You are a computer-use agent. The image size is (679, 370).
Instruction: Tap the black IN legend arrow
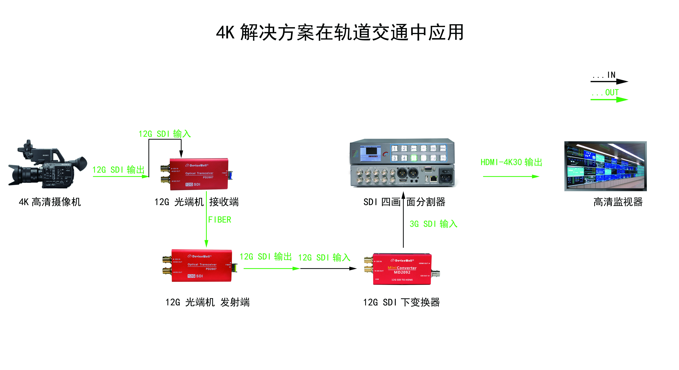click(609, 81)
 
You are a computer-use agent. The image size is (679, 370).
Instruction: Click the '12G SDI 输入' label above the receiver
click(165, 134)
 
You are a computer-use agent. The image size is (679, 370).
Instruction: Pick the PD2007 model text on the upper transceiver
click(208, 177)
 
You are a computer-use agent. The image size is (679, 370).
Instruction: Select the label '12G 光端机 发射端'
click(207, 302)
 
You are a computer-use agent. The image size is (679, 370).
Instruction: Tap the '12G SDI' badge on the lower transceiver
click(195, 276)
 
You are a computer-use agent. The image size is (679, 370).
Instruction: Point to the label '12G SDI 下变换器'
click(401, 302)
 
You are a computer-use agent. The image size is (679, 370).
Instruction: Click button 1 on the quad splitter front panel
click(395, 148)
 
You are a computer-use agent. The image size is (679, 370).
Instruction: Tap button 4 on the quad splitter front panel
click(404, 158)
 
